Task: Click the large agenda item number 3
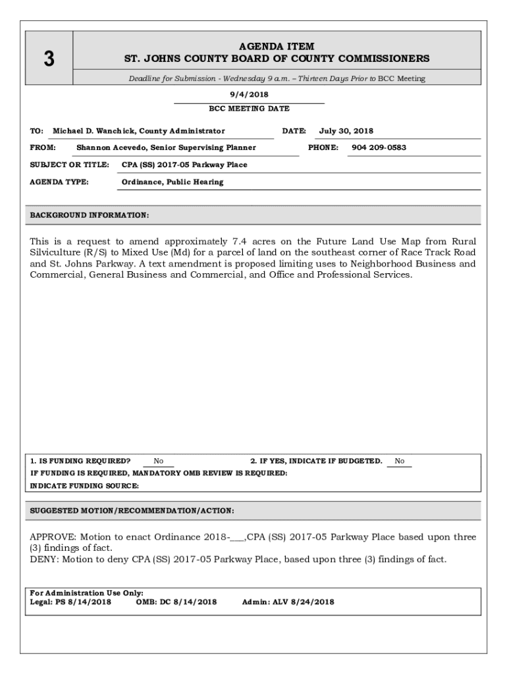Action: pos(49,59)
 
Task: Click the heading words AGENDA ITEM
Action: pos(277,46)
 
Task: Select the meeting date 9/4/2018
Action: pos(249,95)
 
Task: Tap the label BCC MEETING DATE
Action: pos(249,109)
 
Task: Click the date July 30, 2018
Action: pos(346,131)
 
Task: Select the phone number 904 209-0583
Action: pos(379,147)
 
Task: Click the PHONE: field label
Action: pos(323,147)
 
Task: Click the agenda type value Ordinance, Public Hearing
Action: pos(173,182)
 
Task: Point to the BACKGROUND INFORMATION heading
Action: pos(90,215)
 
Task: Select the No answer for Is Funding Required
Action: pos(158,461)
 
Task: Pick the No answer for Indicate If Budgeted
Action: pos(400,461)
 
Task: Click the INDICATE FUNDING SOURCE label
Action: pos(85,486)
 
